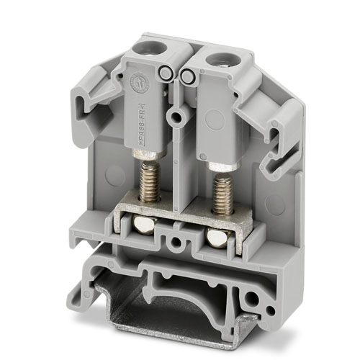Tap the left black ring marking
167,72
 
